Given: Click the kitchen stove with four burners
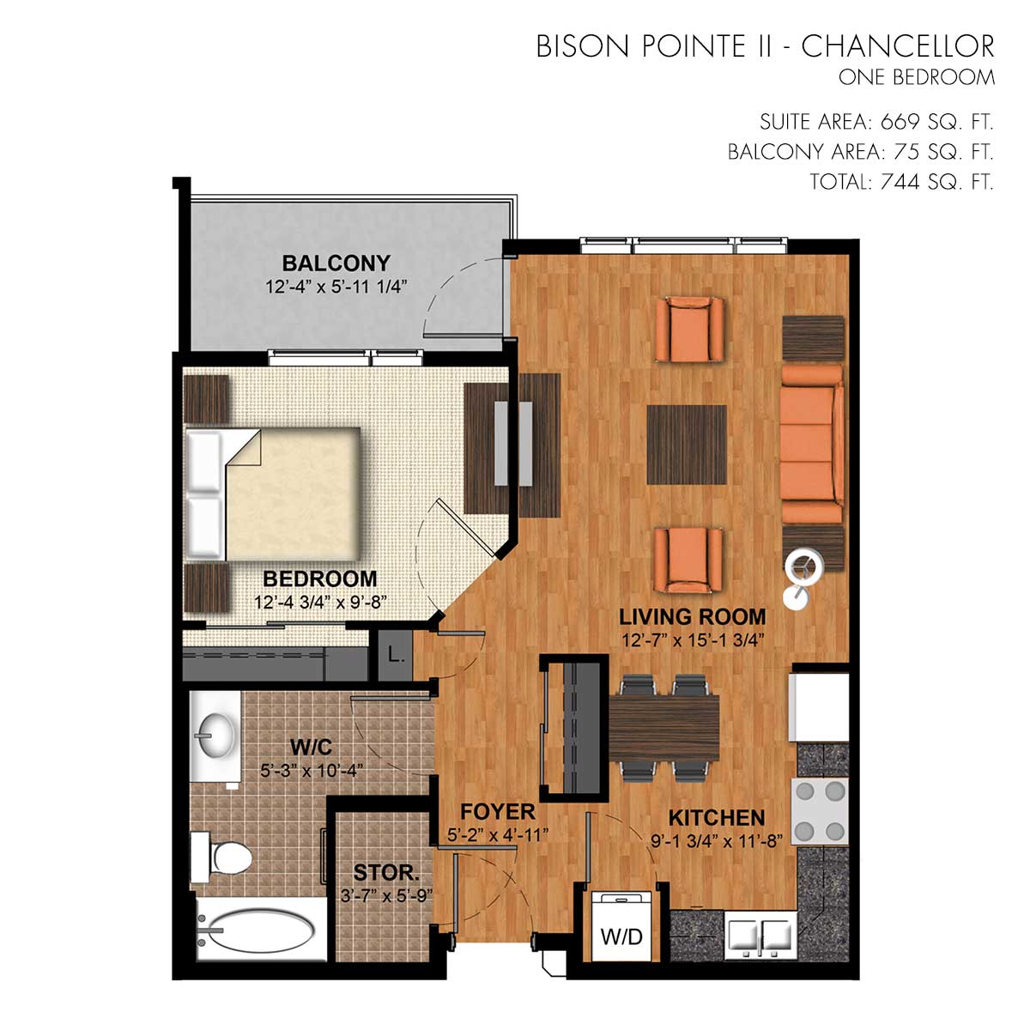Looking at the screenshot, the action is tap(820, 811).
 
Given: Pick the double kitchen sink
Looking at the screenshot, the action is tap(760, 936).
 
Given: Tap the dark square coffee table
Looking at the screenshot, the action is tap(687, 444).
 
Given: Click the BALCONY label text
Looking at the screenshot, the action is tap(336, 263).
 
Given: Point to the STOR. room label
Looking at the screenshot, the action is tap(386, 873).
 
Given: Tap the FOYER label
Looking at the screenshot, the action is tap(498, 812).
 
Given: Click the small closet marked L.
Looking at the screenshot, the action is tap(395, 655).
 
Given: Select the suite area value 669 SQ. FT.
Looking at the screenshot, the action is tap(936, 123).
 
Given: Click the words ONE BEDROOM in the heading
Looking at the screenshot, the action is tap(916, 77).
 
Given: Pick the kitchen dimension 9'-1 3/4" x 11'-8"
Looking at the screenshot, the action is tap(716, 841).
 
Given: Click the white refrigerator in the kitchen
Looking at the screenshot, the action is tap(820, 707).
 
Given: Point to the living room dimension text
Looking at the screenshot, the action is tap(692, 640).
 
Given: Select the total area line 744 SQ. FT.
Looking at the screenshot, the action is tap(902, 182).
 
